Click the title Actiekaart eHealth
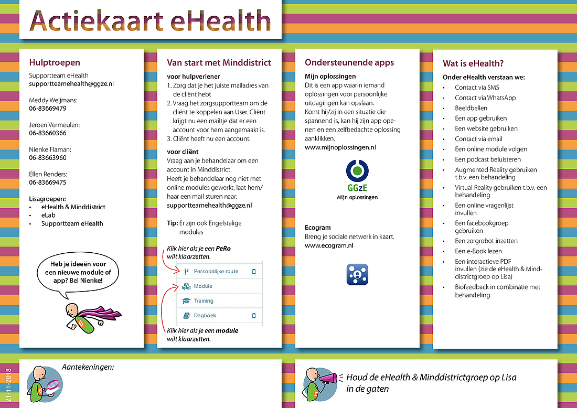point(150,20)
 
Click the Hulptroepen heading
point(55,63)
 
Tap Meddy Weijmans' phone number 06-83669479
point(48,109)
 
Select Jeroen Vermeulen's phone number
point(48,133)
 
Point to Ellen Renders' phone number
point(48,182)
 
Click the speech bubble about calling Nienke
point(78,273)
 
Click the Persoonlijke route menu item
point(216,271)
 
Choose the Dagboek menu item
point(205,316)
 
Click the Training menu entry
point(204,301)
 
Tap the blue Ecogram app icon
point(357,274)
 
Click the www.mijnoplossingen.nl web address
point(340,148)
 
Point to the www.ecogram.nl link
point(329,245)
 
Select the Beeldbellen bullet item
point(471,108)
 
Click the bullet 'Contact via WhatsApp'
point(485,98)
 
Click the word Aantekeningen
point(88,367)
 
